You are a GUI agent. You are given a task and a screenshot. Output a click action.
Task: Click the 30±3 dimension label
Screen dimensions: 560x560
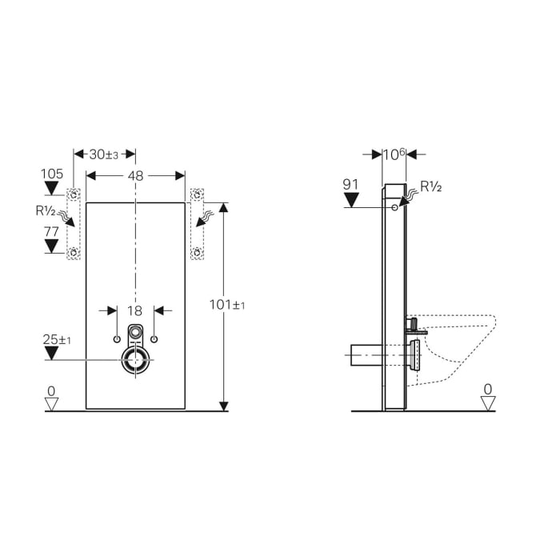click(x=103, y=154)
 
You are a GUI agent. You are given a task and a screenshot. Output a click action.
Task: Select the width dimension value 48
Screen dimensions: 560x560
click(x=136, y=175)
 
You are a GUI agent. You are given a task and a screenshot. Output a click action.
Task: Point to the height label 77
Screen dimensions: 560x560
click(x=52, y=232)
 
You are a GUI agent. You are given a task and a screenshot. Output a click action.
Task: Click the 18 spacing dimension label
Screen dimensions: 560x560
click(x=135, y=310)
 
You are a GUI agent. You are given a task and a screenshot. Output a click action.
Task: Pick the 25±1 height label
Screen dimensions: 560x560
click(x=57, y=341)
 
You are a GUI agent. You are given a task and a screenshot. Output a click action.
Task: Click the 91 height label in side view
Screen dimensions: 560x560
click(x=351, y=184)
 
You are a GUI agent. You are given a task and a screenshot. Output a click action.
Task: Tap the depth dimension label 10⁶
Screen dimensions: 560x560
click(x=394, y=154)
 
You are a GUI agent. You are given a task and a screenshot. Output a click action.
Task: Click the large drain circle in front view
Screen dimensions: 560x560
click(x=136, y=362)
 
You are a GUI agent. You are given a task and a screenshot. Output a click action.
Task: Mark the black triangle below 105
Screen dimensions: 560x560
click(x=52, y=189)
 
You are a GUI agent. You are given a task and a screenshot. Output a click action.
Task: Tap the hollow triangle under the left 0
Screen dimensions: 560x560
click(x=52, y=404)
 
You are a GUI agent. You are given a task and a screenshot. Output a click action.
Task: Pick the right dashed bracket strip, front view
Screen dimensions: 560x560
click(x=197, y=223)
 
